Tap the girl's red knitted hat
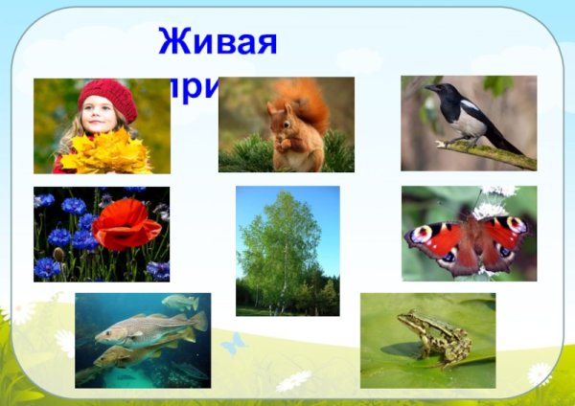tap(107, 94)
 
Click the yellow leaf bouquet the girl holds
tap(106, 151)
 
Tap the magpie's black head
tap(437, 90)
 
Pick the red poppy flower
tap(126, 225)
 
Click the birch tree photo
tap(287, 251)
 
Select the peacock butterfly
tap(469, 239)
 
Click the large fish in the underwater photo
tap(144, 330)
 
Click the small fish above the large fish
tap(179, 303)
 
